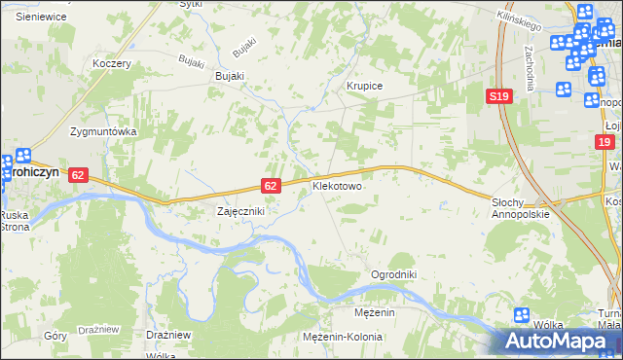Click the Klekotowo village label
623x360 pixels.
(x=337, y=184)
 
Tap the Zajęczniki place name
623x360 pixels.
(x=240, y=210)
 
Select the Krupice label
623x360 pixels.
(x=365, y=86)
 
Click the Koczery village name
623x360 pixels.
(x=111, y=62)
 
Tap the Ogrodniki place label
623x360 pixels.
(x=393, y=275)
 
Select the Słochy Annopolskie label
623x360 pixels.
(x=521, y=208)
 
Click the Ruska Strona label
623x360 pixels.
(x=14, y=221)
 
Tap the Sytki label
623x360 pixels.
(x=191, y=4)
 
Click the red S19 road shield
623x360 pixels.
(x=499, y=96)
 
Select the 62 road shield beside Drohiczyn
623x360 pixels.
(x=79, y=174)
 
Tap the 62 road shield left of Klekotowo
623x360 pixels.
(x=273, y=185)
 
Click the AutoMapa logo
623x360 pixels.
(x=558, y=342)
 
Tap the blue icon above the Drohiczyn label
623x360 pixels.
(x=22, y=156)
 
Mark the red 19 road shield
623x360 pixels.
(x=605, y=142)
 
